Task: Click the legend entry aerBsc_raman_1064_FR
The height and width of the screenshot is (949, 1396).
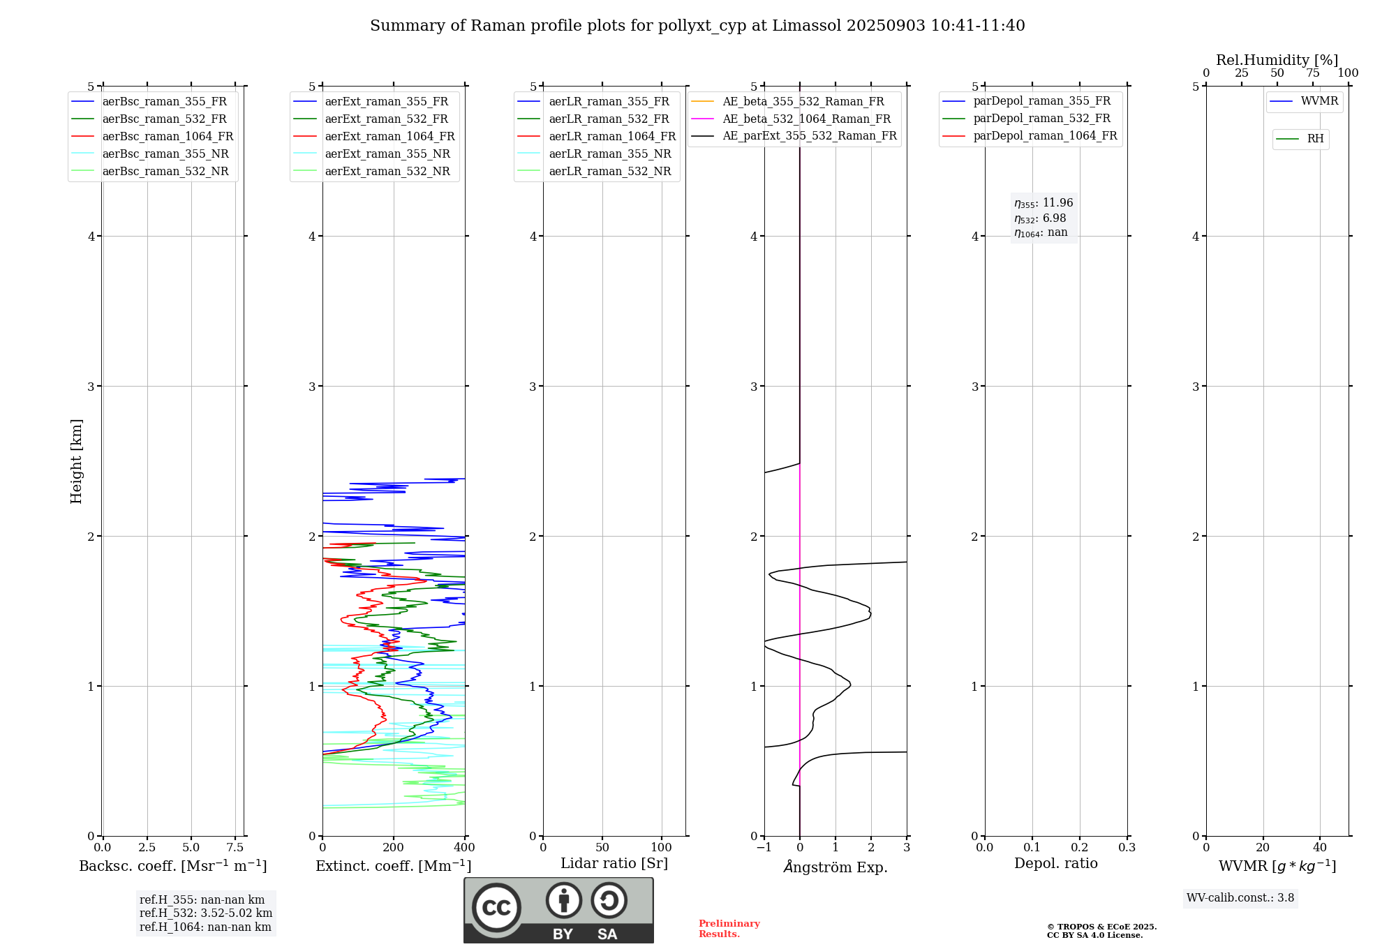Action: coord(168,137)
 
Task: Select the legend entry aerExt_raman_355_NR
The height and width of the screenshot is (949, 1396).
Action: coord(387,154)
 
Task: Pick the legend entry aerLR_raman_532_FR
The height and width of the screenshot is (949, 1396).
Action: coord(609,119)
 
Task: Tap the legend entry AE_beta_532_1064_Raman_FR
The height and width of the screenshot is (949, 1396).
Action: coord(806,119)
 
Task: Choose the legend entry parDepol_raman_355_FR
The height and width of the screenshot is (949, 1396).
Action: coord(1041,101)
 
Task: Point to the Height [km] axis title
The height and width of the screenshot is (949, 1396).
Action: coord(76,461)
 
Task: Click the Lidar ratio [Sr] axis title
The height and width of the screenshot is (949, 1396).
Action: coord(614,863)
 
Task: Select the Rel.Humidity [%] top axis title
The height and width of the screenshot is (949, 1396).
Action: coord(1277,60)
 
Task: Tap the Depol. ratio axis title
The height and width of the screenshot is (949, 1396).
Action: coord(1055,863)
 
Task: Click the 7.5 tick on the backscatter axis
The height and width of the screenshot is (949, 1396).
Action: coord(235,848)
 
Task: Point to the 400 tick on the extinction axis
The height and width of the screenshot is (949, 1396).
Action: coord(465,848)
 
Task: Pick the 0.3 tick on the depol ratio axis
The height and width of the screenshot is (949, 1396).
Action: coord(1127,848)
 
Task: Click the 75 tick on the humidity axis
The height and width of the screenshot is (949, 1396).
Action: coord(1312,73)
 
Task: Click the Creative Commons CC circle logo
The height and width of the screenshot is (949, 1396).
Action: coord(496,908)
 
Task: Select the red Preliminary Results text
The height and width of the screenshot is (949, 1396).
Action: coord(729,929)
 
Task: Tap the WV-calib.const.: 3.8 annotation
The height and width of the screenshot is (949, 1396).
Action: coord(1240,898)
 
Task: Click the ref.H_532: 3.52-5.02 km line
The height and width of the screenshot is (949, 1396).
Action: coord(206,913)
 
